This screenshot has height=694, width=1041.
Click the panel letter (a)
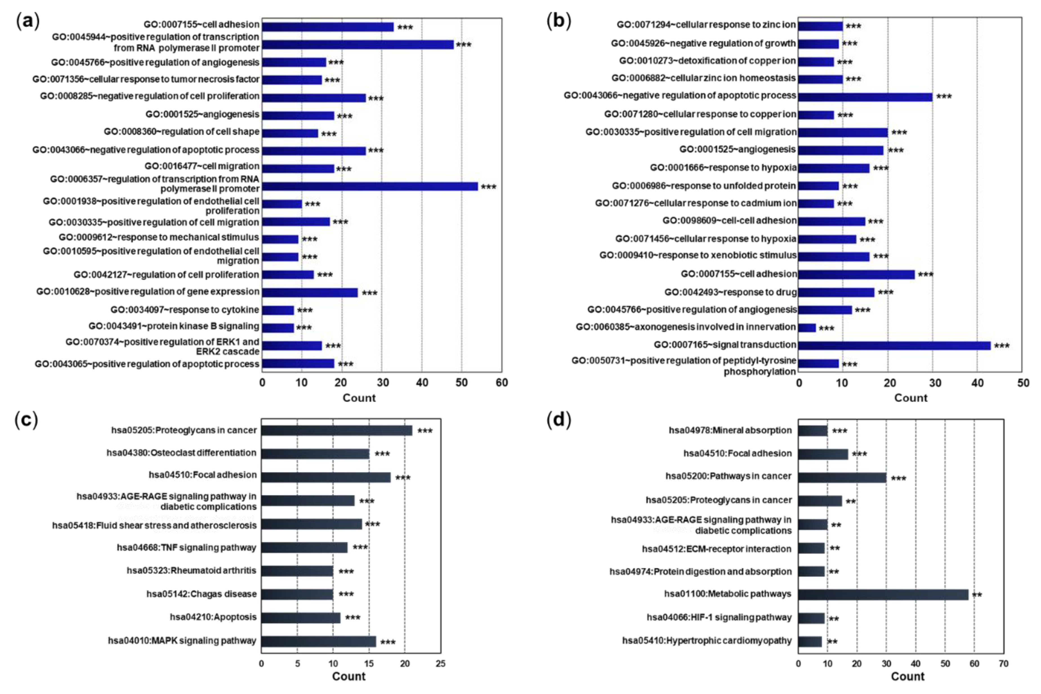[27, 21]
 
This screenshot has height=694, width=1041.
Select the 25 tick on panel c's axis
[440, 664]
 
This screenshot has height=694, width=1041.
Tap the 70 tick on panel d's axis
[1003, 664]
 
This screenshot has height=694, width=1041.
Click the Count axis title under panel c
[349, 676]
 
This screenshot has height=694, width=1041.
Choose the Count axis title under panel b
[910, 398]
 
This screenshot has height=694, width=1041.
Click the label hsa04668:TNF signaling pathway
[186, 548]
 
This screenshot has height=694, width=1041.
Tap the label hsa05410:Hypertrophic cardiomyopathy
[707, 641]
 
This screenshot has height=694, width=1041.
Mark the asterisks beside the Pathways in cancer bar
[898, 478]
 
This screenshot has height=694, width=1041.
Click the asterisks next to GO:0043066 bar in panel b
[944, 97]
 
